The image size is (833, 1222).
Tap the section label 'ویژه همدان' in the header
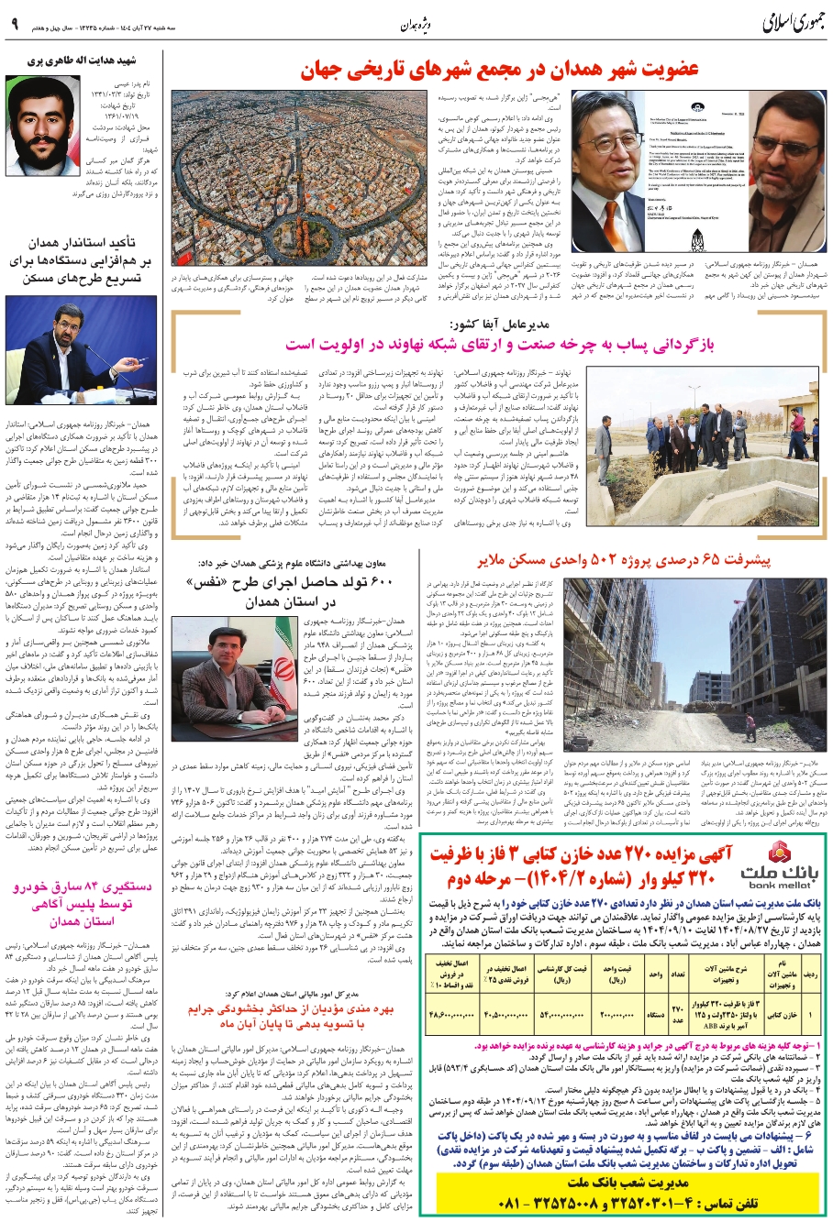(417, 25)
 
